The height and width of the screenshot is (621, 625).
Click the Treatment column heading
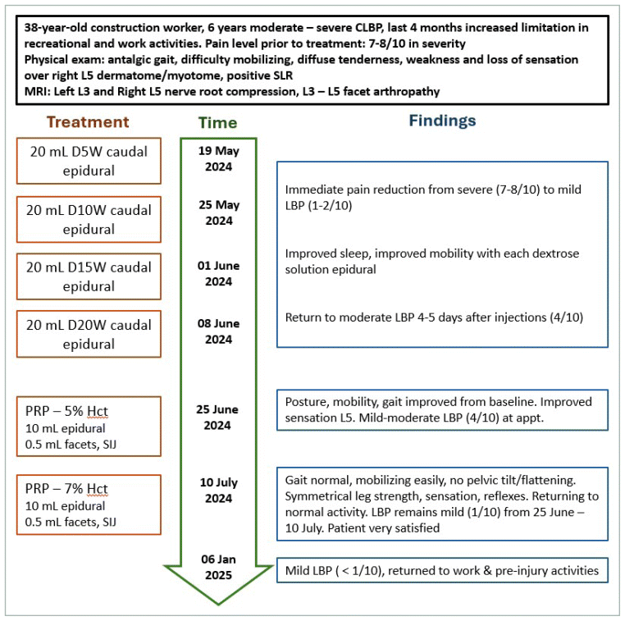88,122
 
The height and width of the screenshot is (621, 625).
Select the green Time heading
217,123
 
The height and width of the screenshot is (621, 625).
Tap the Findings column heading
442,121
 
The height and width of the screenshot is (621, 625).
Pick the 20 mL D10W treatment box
89,219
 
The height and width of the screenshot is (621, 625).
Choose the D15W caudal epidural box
89,276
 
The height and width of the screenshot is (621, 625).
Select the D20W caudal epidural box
89,333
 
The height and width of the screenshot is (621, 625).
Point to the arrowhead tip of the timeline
217,603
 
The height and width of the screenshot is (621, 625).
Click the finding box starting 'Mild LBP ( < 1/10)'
442,570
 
